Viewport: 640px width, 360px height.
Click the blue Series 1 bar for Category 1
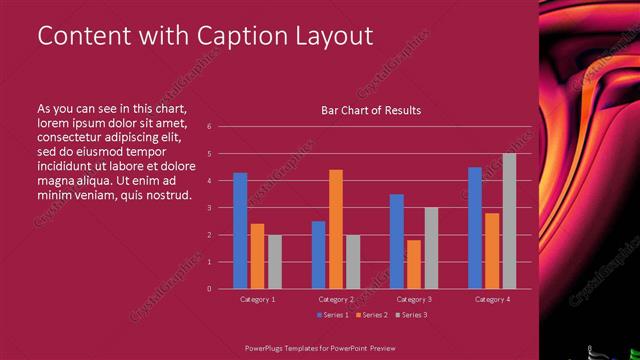point(240,231)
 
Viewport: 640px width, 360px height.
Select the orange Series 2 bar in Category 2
point(336,229)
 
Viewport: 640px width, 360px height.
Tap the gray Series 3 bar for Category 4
point(509,221)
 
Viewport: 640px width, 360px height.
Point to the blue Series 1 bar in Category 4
point(475,228)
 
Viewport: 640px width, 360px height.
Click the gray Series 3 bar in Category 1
point(274,262)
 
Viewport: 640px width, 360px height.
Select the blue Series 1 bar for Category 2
point(318,255)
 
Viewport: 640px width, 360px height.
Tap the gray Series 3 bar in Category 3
point(431,248)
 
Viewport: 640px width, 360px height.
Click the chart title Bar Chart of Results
point(370,110)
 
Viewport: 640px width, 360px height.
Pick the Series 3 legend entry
point(412,315)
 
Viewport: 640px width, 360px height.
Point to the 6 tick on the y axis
point(209,127)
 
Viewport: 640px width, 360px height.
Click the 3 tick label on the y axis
point(209,208)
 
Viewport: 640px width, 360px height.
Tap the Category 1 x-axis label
point(258,299)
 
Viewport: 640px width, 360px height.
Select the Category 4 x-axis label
point(492,299)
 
